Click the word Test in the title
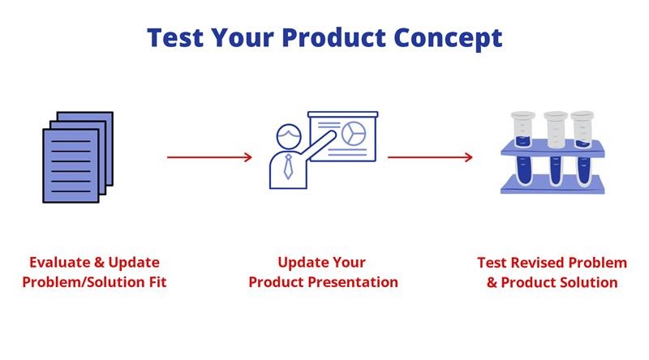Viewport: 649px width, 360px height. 175,37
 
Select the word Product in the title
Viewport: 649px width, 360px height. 333,37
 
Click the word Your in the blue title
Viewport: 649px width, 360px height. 243,37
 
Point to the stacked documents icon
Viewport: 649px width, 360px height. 78,156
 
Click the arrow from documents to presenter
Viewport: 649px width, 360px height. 209,157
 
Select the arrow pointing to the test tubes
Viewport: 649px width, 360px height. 430,157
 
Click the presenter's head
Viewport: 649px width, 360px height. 289,136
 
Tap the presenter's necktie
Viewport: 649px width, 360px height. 289,167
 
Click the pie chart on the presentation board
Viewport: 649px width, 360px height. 354,134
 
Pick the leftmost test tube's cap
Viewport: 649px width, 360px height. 522,115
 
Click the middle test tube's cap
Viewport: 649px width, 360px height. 556,115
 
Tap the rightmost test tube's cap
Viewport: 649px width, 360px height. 582,115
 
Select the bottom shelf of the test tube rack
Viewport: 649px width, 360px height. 552,184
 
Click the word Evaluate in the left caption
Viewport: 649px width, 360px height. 59,263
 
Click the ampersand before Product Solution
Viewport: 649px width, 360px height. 492,283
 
